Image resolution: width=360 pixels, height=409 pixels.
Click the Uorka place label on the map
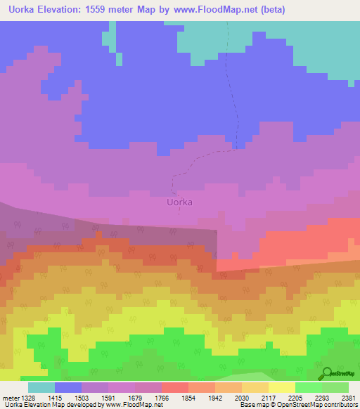click(x=179, y=202)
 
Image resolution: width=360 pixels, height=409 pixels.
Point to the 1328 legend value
click(x=28, y=398)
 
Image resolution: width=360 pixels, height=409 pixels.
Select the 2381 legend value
click(x=349, y=398)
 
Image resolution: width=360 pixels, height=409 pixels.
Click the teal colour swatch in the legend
click(x=41, y=387)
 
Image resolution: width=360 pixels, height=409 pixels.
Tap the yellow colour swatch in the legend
click(x=282, y=387)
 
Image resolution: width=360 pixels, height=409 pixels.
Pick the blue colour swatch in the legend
click(x=68, y=387)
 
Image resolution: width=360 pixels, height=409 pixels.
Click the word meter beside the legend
click(x=10, y=398)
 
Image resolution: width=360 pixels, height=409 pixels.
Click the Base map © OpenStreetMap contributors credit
click(x=297, y=405)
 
